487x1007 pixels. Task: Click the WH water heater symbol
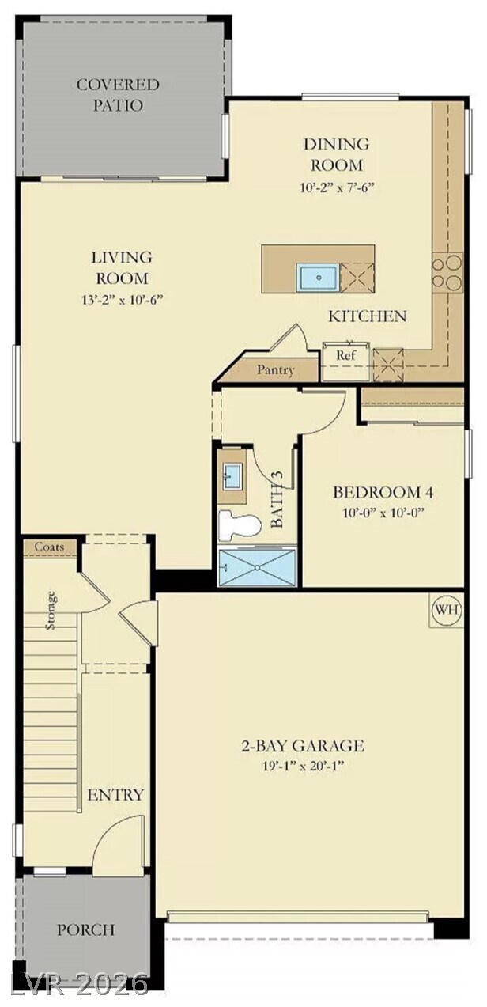point(447,610)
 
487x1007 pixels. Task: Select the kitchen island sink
point(318,278)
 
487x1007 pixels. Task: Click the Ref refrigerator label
point(346,355)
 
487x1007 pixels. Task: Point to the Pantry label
point(276,370)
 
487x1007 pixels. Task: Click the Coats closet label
point(50,547)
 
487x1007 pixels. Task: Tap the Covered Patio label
point(118,95)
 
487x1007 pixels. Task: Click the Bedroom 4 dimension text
point(383,513)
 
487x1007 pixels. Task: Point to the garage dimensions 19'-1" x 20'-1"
point(304,766)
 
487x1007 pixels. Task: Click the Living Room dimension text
point(121,299)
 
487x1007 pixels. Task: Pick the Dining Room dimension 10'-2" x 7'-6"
point(337,187)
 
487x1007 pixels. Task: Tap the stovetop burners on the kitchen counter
point(447,272)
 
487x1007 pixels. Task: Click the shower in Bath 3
point(258,567)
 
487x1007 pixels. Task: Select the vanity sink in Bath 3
point(232,476)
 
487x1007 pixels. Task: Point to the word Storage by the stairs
point(51,610)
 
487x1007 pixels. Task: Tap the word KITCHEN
point(367,316)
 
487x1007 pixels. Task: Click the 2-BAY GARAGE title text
point(303,746)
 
